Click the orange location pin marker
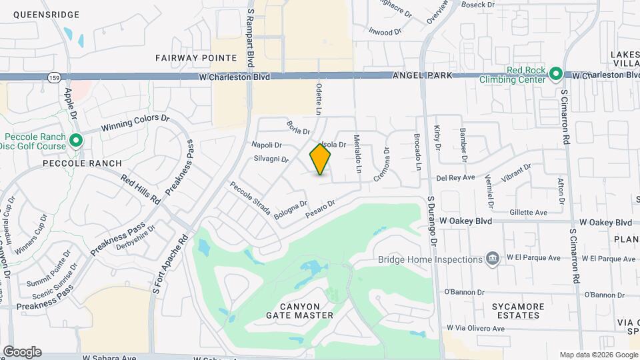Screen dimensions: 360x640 (x=320, y=159)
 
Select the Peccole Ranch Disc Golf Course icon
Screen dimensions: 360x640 (x=75, y=140)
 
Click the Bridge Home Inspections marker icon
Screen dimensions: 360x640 (x=493, y=258)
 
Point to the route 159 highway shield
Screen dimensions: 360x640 (x=53, y=78)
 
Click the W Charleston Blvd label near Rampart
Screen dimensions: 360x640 (x=234, y=77)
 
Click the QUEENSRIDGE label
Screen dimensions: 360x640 (x=46, y=15)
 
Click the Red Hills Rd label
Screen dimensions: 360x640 (x=141, y=190)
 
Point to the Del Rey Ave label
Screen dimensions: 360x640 (x=455, y=178)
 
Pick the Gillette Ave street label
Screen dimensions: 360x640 (x=528, y=212)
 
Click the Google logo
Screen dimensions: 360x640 (x=22, y=352)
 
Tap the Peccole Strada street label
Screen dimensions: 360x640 (x=250, y=198)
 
